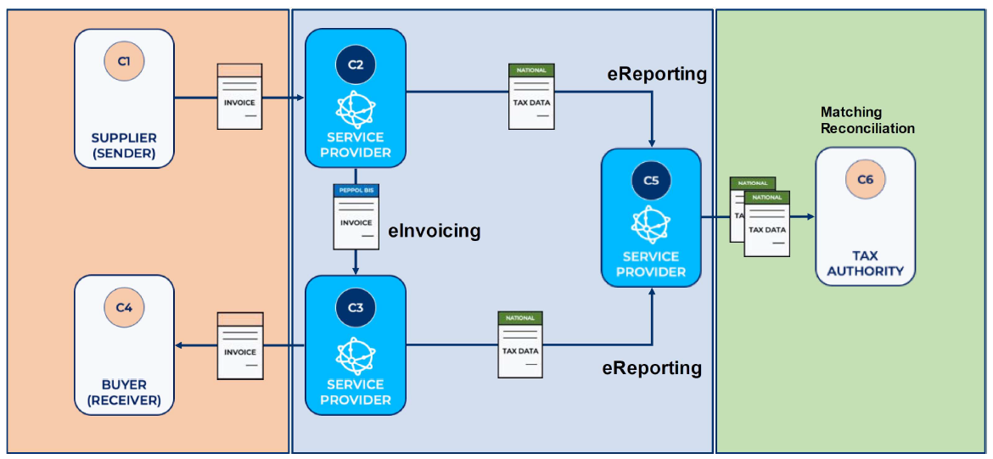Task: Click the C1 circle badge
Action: pos(124,61)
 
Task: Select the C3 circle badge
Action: pos(356,308)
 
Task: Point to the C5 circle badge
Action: pos(651,180)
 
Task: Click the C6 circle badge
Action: pos(865,180)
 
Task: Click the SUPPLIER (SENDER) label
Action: pos(124,146)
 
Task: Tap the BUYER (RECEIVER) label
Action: pos(124,392)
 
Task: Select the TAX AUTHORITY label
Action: pos(865,264)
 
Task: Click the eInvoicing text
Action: pos(435,231)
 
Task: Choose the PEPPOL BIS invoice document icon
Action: pos(356,216)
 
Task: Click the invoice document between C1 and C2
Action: pos(239,97)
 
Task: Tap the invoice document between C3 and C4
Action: pos(240,345)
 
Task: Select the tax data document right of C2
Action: pos(531,97)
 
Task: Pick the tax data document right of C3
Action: pos(520,344)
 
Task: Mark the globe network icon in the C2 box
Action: pos(356,108)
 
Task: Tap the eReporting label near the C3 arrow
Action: pos(652,368)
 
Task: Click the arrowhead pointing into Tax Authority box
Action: pos(810,217)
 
